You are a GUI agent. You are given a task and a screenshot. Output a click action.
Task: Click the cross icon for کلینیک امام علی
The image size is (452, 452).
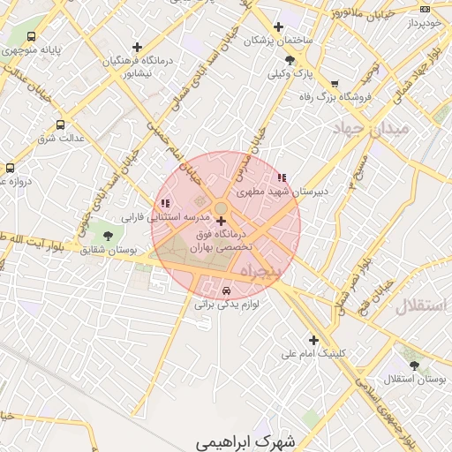tap(313, 340)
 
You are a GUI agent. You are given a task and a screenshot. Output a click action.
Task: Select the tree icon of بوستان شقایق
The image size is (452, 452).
tap(108, 237)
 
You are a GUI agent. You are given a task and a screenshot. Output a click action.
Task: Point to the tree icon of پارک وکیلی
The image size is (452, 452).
tap(290, 60)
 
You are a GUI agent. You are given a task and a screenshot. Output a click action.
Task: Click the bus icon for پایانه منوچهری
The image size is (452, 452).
tap(32, 37)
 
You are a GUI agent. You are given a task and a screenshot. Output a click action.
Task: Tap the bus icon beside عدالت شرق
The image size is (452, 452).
tap(60, 124)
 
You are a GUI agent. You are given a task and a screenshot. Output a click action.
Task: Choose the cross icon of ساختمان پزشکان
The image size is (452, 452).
tap(279, 26)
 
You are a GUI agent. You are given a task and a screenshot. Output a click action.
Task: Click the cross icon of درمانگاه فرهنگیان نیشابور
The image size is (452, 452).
tap(137, 47)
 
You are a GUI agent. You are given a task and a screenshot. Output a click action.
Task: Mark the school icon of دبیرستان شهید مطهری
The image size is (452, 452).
tap(282, 177)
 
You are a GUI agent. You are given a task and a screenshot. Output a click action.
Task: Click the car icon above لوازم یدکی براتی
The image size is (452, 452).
tap(227, 290)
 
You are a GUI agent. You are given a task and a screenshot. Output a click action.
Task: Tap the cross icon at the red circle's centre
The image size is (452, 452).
tap(220, 221)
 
